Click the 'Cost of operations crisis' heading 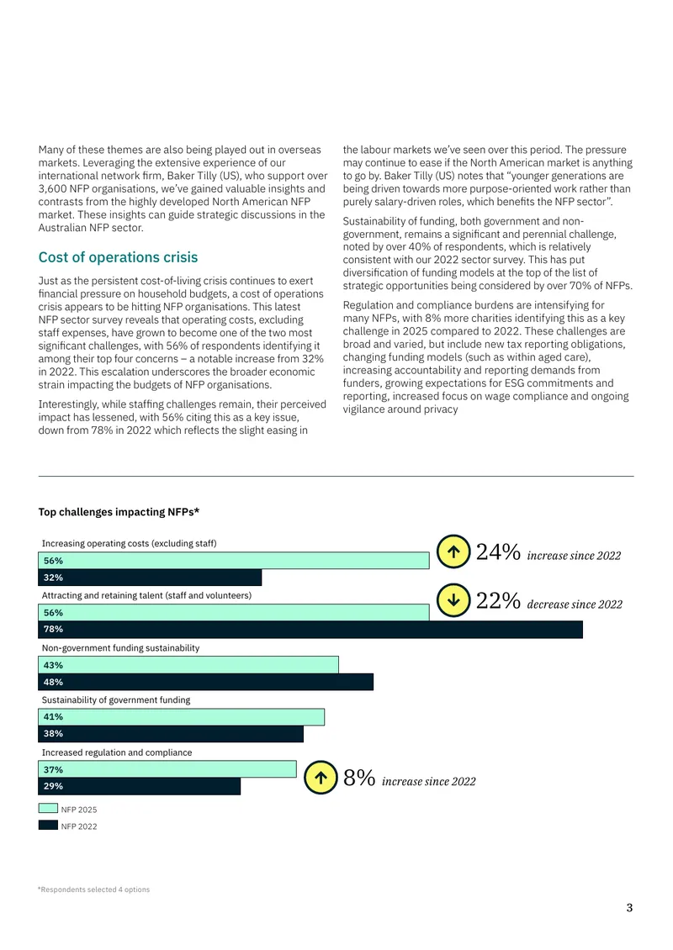point(119,257)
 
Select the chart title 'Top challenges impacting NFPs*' point(119,512)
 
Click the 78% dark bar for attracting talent point(310,630)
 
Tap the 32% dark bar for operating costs point(150,578)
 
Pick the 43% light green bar point(188,665)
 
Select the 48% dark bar point(205,682)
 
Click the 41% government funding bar point(181,717)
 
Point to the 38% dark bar point(171,734)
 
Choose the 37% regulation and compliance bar point(167,769)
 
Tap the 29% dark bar point(140,786)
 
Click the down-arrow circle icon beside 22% point(453,599)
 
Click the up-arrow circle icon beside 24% point(453,552)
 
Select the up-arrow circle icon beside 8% point(321,778)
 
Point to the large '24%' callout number point(498,552)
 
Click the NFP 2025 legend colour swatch point(48,808)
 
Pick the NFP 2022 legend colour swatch point(48,825)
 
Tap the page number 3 point(629,908)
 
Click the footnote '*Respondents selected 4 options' point(93,889)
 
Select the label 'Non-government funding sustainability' point(120,647)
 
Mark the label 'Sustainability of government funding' point(116,699)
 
